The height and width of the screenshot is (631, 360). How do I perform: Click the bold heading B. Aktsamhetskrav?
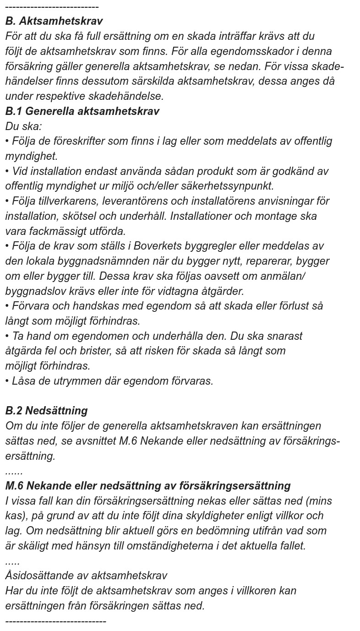(x=54, y=21)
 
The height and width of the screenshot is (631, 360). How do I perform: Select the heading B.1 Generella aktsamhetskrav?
(x=82, y=111)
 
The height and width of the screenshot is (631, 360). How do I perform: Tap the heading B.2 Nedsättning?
(x=46, y=411)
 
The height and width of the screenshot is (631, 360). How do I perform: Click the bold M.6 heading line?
(x=148, y=486)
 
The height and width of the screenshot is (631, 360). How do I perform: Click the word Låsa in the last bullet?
(x=23, y=381)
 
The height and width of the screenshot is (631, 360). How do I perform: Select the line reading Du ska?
(x=23, y=126)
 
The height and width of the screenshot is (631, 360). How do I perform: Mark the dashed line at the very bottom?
(x=55, y=621)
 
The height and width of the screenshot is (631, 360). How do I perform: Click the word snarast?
(x=282, y=336)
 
